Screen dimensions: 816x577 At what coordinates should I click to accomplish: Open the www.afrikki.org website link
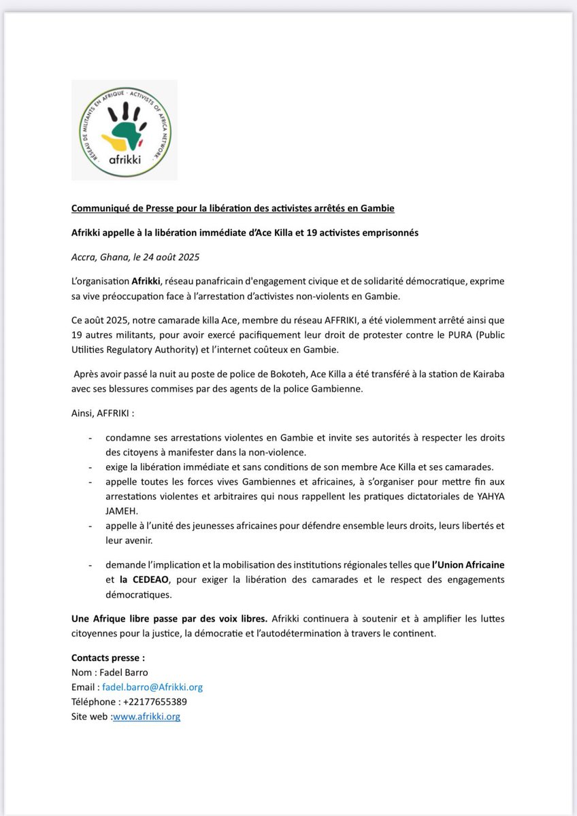pos(146,716)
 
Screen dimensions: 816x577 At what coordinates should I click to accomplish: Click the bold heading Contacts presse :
pos(108,658)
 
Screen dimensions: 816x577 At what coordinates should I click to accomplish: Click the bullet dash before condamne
pos(90,437)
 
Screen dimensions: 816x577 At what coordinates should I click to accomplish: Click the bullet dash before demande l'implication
pos(90,566)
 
